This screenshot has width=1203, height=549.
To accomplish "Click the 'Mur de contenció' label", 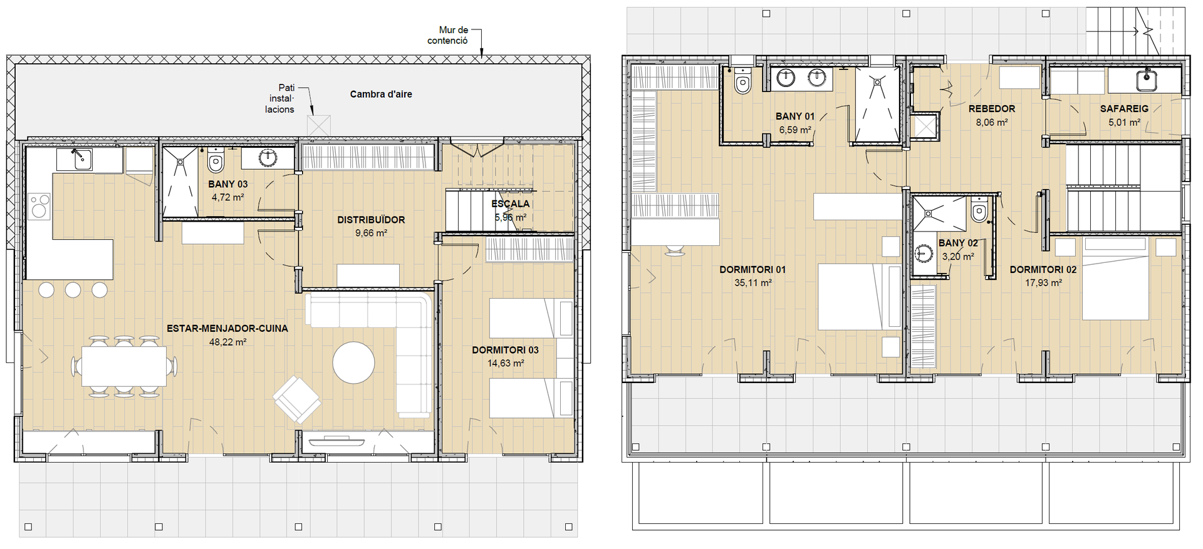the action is tap(447, 35).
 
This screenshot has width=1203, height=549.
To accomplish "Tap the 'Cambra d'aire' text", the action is tap(381, 95).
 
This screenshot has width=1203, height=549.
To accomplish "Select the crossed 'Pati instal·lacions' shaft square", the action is tap(318, 125).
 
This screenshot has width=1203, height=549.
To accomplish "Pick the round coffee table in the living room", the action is tap(353, 362).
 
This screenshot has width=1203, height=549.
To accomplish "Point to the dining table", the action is tap(124, 366).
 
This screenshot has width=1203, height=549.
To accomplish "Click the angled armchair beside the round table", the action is tap(297, 399).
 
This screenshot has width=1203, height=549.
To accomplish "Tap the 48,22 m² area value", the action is tap(227, 342).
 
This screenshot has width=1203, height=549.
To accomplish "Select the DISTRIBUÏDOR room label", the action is tap(371, 220).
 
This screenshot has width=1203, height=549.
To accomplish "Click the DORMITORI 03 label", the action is tap(505, 350).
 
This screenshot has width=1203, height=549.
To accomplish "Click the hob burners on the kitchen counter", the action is tap(39, 206).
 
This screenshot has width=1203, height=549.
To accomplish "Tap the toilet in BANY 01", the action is tap(742, 80).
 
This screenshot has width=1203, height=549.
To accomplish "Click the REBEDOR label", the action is tap(992, 109).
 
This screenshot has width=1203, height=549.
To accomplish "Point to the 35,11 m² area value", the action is tap(753, 283).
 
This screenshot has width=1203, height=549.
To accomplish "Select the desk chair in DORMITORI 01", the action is tap(675, 250).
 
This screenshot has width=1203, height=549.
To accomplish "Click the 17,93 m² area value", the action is tap(1043, 283).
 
